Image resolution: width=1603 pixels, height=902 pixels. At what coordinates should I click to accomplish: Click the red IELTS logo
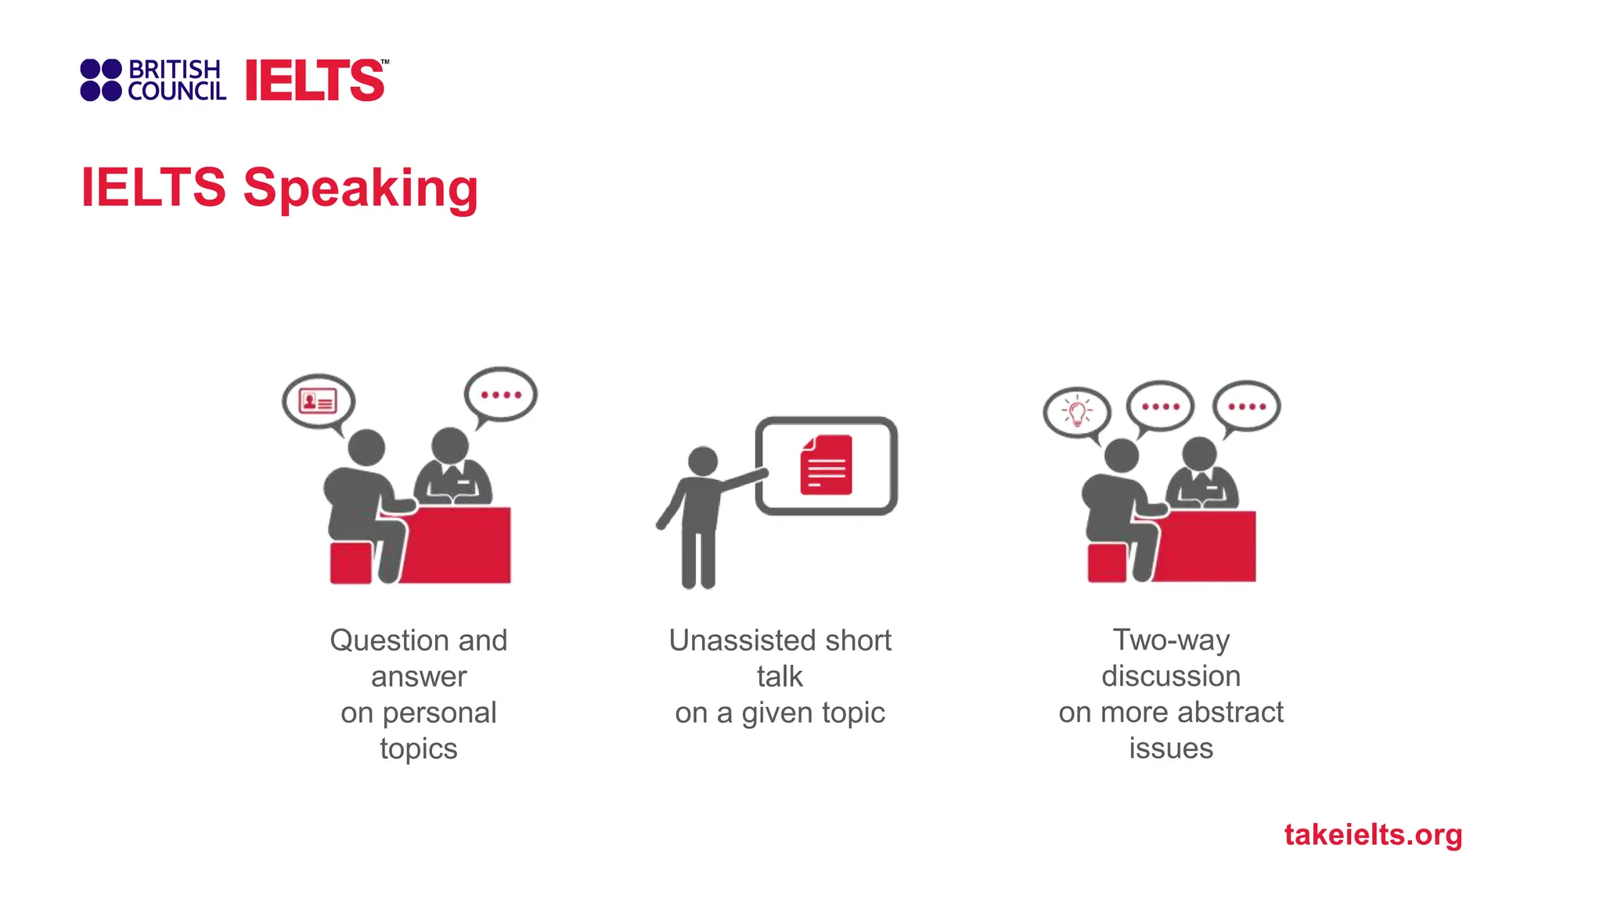(315, 81)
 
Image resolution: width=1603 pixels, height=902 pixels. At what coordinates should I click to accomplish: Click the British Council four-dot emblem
(101, 80)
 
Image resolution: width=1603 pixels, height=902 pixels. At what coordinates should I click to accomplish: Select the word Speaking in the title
(360, 188)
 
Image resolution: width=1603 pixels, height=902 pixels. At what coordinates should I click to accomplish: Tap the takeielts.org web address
(1373, 835)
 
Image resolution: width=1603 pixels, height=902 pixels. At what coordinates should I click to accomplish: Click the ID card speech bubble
(319, 402)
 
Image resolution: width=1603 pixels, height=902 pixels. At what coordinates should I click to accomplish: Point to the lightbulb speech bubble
(1077, 412)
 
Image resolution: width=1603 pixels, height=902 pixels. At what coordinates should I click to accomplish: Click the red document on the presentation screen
(826, 466)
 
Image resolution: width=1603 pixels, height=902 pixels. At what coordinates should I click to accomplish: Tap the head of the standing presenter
(702, 461)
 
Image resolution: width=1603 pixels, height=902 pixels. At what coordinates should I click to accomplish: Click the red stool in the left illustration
(350, 563)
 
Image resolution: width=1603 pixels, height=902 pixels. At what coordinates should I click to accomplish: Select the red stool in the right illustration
(1107, 562)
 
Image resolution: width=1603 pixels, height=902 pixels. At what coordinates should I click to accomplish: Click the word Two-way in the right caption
(1171, 640)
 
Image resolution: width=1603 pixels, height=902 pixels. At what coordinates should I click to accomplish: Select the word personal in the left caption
(439, 713)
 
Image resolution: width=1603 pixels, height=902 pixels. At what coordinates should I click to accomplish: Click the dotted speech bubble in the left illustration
(501, 395)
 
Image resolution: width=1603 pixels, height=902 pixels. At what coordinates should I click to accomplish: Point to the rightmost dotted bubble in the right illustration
(1247, 406)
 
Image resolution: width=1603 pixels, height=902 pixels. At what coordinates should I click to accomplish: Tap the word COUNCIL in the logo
(177, 92)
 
